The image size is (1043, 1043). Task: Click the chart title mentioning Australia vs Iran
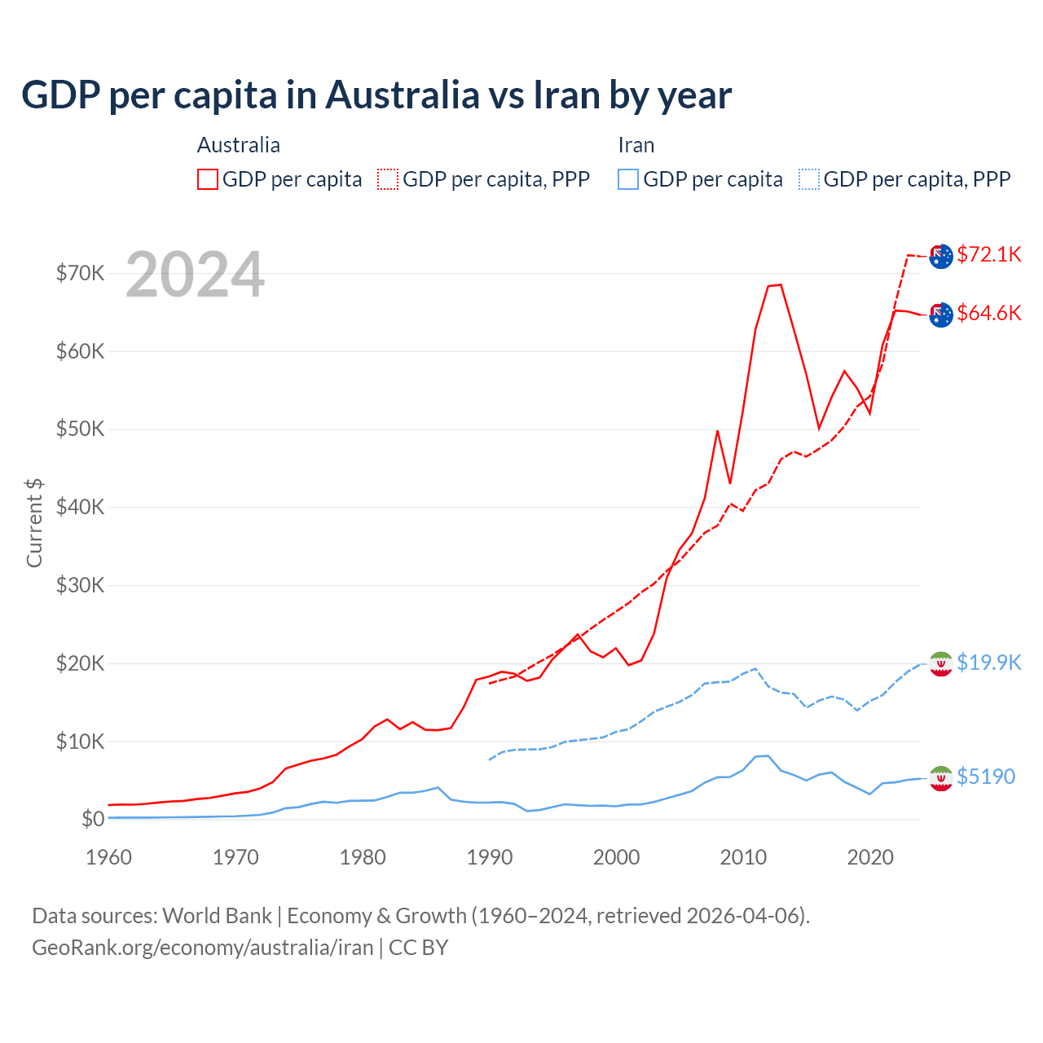point(376,95)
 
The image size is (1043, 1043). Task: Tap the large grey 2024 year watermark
point(195,275)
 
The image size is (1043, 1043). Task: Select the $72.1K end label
point(988,254)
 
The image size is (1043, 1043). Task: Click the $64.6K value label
point(988,313)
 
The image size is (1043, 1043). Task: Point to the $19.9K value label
point(988,662)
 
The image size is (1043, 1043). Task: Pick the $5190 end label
point(985,777)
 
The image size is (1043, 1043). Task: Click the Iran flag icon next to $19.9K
point(941,664)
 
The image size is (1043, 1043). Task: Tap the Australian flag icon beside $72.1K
point(941,256)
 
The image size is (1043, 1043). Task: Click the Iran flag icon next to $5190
point(941,778)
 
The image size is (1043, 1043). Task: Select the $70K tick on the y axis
point(80,273)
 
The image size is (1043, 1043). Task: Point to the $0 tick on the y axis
point(93,819)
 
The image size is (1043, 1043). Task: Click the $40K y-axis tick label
point(80,507)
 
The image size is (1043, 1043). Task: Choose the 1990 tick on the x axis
point(490,857)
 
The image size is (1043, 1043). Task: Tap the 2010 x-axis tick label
point(743,857)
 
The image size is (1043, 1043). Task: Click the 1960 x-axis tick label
point(109,857)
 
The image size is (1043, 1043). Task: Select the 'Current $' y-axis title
point(34,522)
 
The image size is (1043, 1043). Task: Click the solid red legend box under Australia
point(208,179)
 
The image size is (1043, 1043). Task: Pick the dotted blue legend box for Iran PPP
point(809,179)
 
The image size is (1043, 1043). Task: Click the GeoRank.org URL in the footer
point(202,948)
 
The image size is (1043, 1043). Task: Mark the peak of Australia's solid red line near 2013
point(780,284)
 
